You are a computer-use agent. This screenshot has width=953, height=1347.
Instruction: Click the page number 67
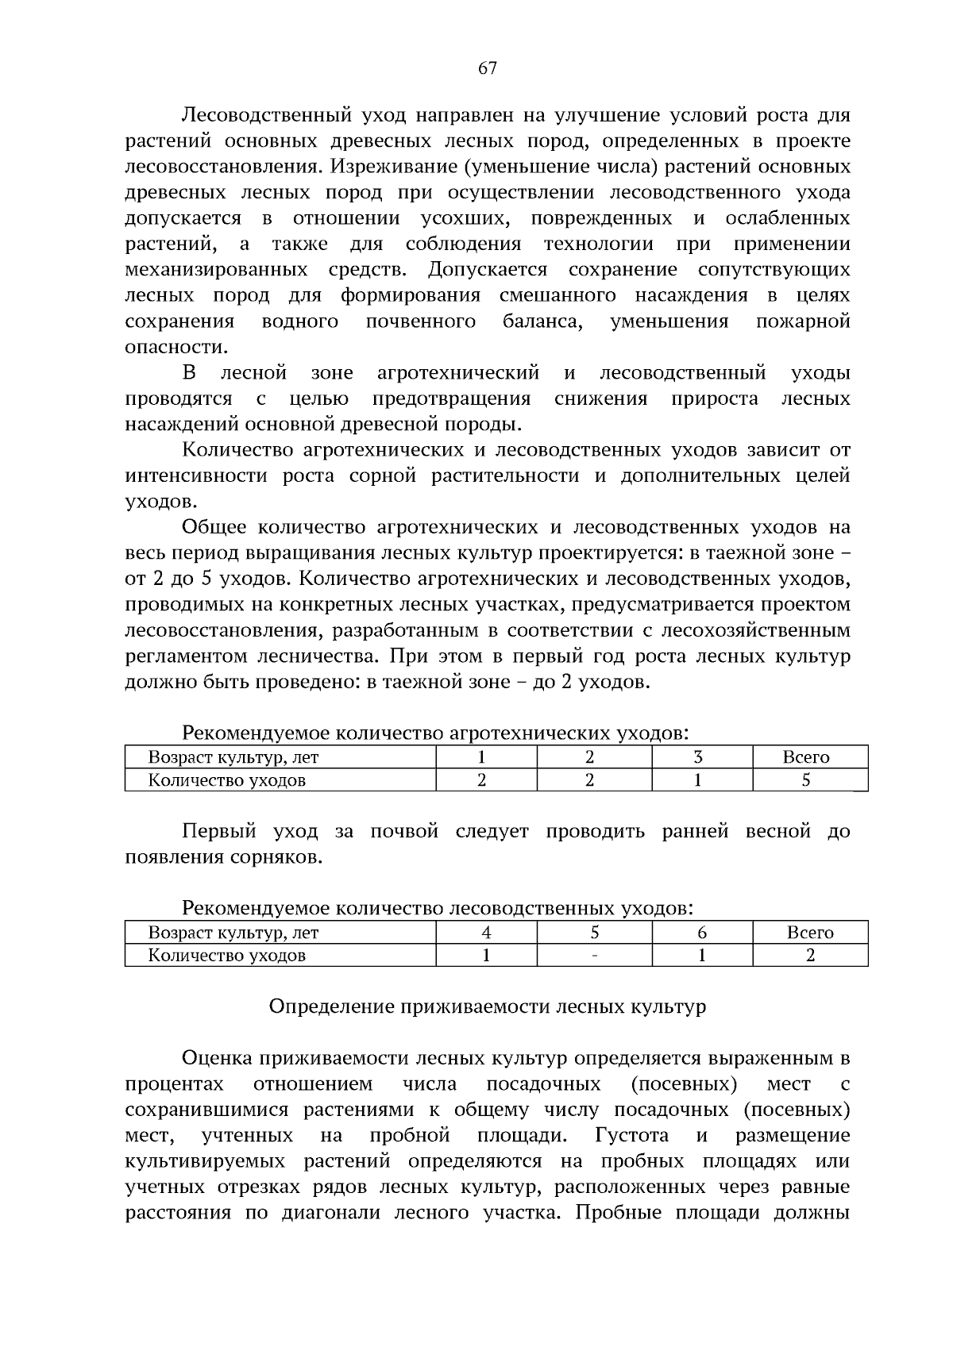click(x=487, y=68)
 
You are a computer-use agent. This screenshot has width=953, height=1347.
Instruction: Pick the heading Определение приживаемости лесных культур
click(x=487, y=1007)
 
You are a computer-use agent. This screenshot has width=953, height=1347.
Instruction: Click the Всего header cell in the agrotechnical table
click(x=806, y=757)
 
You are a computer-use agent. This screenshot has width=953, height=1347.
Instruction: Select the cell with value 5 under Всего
click(x=806, y=780)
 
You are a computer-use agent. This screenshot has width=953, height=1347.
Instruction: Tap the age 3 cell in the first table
click(x=698, y=757)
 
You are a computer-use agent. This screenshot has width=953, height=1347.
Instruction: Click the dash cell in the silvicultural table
click(x=594, y=956)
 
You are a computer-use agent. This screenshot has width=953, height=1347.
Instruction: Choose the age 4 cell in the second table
click(x=486, y=933)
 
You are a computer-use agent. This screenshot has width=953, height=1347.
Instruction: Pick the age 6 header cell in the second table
click(x=702, y=933)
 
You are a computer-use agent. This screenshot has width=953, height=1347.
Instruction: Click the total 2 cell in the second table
click(x=810, y=956)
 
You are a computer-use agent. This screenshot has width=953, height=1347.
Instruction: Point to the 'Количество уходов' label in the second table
click(x=227, y=956)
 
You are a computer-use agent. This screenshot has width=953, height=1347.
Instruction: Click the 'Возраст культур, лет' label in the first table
click(x=233, y=757)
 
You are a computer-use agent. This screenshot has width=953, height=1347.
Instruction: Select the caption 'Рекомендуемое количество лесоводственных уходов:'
click(x=438, y=908)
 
